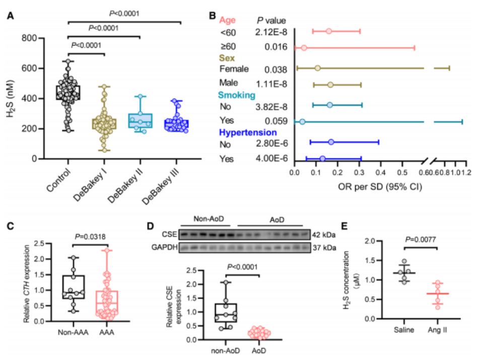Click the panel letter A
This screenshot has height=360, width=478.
[10, 15]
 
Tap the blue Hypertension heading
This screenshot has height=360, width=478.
[248, 133]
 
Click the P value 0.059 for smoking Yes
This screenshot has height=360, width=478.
[276, 121]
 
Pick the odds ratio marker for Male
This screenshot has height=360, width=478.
[330, 85]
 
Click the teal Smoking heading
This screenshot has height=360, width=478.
[237, 95]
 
